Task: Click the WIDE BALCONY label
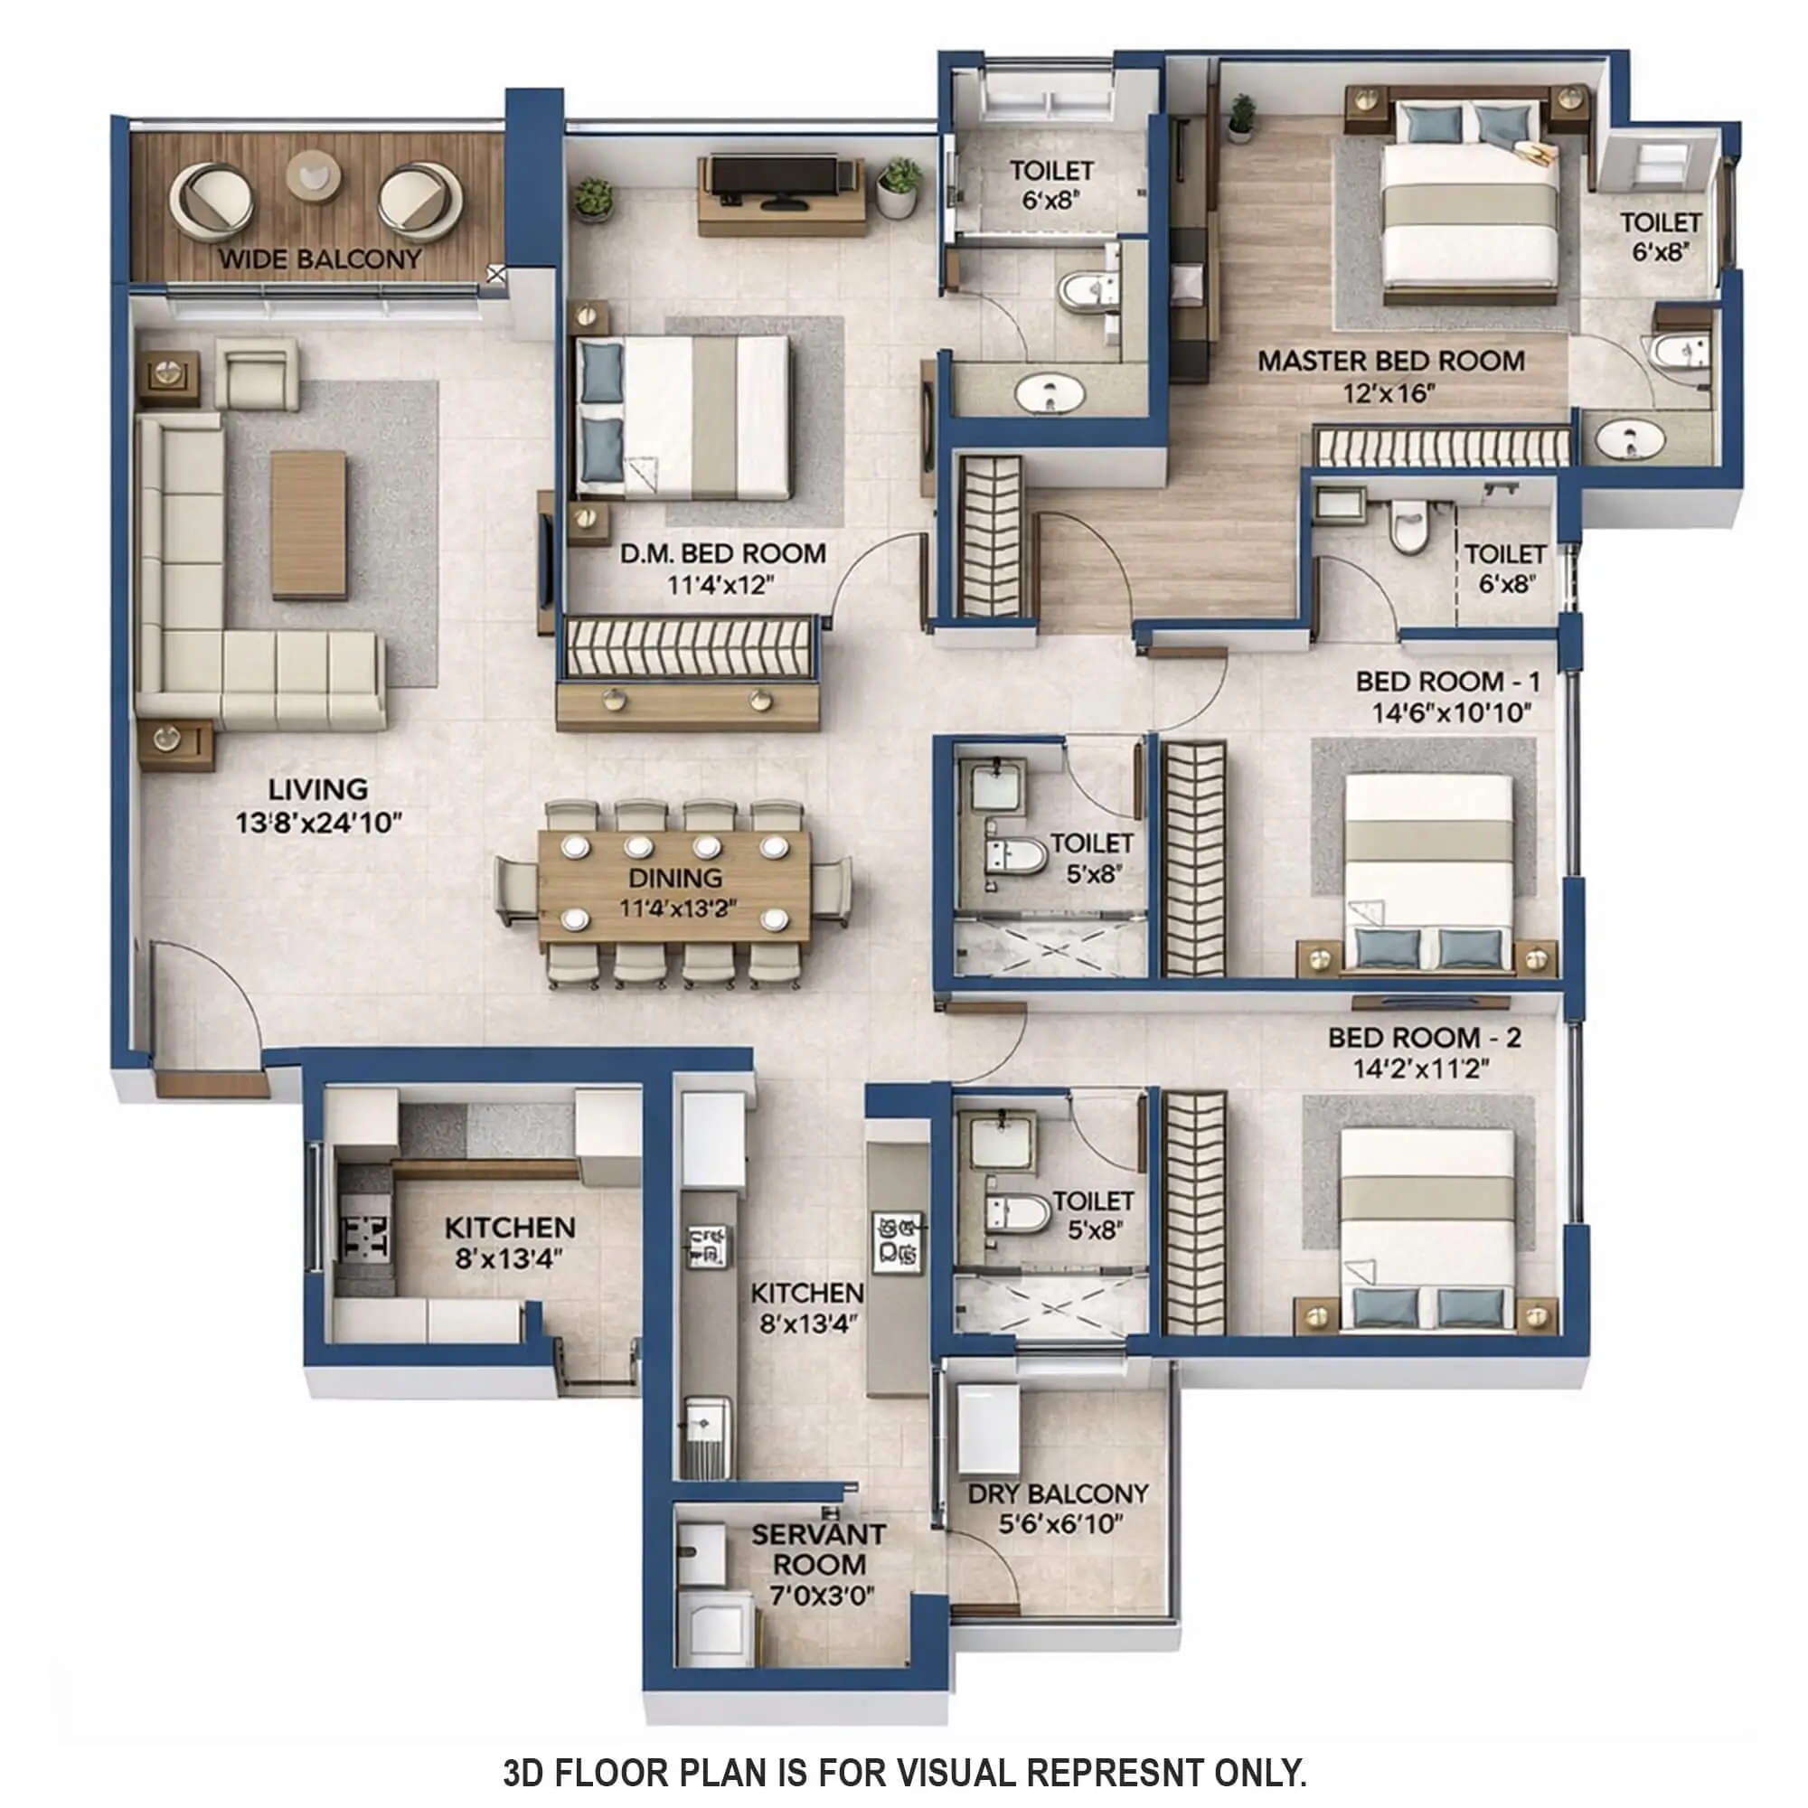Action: (320, 259)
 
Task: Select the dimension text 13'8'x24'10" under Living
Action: (320, 824)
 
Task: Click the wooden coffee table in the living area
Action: (309, 524)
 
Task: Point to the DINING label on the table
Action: (675, 878)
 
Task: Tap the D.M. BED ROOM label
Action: (722, 554)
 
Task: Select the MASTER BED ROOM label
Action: (1390, 361)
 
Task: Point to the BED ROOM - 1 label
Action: (1447, 682)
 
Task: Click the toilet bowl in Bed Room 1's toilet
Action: (1018, 854)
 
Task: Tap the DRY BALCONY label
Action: (1059, 1493)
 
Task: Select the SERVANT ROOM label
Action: (820, 1549)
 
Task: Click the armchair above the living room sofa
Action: (257, 372)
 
